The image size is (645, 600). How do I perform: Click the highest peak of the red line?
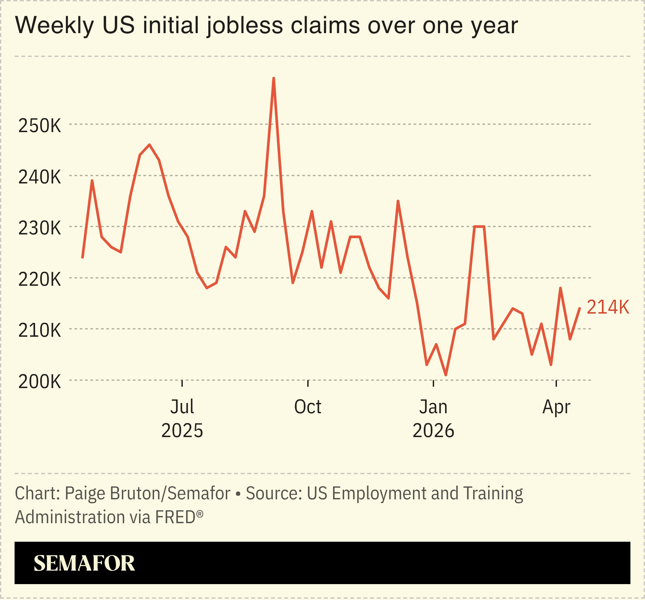coord(273,78)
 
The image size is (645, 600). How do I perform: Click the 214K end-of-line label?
coord(608,307)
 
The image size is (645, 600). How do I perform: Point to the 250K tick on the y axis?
coord(40,126)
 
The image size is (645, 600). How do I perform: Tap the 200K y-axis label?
coord(40,382)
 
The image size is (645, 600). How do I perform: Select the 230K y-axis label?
coord(40,228)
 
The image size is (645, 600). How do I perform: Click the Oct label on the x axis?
coord(308,407)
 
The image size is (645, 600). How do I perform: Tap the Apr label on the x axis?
coord(556,407)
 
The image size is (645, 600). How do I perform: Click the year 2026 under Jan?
coord(433,431)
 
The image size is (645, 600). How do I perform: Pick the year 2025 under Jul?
coord(182,431)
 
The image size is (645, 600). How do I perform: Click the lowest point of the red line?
coord(446,375)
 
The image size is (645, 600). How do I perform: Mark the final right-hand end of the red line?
coord(579,308)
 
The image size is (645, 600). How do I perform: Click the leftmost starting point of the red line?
coord(82,257)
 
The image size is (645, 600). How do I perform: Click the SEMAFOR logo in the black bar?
coord(84,563)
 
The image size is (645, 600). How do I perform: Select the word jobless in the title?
coord(245,26)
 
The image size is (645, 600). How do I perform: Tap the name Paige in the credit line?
coord(85,493)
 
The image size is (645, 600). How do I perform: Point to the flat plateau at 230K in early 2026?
coord(479,227)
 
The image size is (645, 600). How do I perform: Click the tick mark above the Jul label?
coord(182,383)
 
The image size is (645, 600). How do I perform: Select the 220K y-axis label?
coord(40,279)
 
